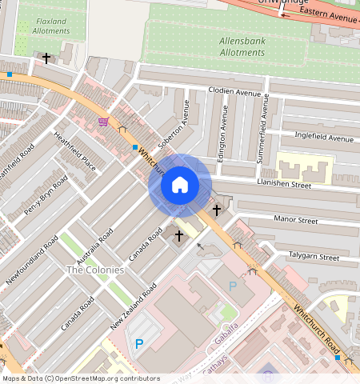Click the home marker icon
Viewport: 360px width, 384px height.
(x=180, y=185)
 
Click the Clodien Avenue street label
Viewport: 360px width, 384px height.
(x=236, y=91)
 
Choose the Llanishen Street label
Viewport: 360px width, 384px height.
(x=284, y=184)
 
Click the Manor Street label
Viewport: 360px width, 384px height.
(x=296, y=219)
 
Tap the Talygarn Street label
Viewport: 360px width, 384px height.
(x=313, y=257)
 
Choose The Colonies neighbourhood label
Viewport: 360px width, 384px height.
(x=95, y=270)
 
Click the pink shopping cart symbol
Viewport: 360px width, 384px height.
(x=103, y=122)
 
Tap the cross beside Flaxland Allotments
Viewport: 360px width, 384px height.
(x=46, y=58)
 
